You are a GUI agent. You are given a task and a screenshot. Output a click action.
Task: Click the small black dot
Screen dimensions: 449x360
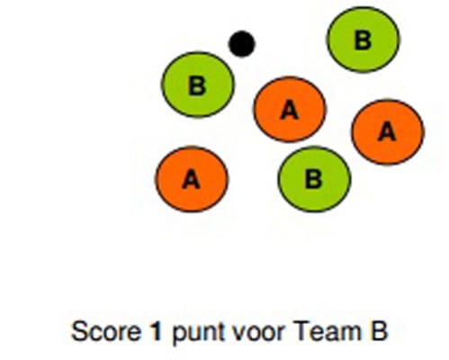(x=242, y=43)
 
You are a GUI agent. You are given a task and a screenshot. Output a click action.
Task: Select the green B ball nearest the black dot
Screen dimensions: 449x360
(x=198, y=85)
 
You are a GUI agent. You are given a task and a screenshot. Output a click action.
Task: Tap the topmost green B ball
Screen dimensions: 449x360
(x=363, y=40)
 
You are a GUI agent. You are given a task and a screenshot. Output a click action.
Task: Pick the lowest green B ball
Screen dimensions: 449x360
(x=314, y=179)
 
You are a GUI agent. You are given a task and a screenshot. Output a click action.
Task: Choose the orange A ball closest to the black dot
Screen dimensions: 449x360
(x=290, y=110)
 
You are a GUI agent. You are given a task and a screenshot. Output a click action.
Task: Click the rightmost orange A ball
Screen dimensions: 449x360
(x=388, y=132)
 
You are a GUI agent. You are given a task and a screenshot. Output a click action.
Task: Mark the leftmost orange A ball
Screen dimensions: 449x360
(x=192, y=179)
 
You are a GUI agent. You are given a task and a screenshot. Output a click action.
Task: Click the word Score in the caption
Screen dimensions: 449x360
(x=106, y=331)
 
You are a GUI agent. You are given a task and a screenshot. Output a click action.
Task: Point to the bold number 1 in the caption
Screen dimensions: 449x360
(x=156, y=331)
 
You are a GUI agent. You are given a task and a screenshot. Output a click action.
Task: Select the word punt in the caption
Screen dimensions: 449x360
(x=199, y=333)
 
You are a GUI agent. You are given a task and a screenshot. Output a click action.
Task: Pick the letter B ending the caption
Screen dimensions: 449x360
(x=380, y=331)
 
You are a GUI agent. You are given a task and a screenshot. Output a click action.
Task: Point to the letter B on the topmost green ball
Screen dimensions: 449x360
(x=363, y=40)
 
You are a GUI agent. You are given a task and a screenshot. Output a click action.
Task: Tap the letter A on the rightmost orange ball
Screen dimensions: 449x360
(x=388, y=132)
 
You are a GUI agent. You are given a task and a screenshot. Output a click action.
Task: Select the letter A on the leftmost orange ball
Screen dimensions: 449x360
(x=192, y=179)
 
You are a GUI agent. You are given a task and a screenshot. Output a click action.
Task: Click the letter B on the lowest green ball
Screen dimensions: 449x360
(x=314, y=179)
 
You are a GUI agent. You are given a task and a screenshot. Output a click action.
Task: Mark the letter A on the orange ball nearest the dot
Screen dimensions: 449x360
(x=290, y=110)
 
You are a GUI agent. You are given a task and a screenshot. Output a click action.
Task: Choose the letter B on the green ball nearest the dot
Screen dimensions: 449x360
(x=197, y=85)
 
